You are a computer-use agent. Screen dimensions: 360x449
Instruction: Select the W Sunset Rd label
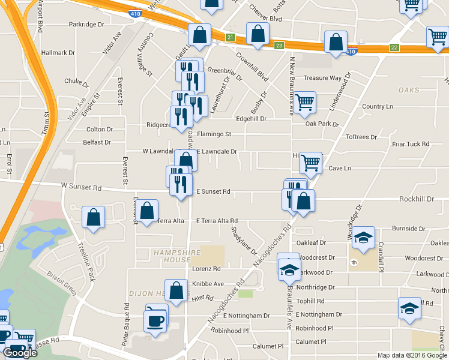click(81, 187)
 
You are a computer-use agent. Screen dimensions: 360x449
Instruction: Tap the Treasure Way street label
click(322, 78)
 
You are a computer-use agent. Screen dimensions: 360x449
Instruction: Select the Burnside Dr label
click(408, 229)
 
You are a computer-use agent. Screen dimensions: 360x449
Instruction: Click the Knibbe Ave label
click(207, 283)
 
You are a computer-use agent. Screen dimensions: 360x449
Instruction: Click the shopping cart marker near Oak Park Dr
click(304, 104)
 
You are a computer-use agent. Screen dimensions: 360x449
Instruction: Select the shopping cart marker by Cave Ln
click(310, 163)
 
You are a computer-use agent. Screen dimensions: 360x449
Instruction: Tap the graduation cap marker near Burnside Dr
click(363, 238)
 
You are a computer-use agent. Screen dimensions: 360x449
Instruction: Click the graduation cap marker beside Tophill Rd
click(410, 309)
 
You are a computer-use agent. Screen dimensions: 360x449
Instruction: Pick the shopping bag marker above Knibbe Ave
click(176, 290)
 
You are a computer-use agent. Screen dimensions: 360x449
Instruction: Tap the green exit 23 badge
click(279, 46)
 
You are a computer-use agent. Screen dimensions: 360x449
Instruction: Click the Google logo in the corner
click(20, 353)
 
